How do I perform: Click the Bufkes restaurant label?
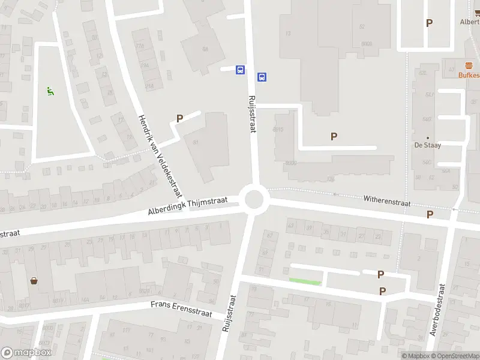click(469, 75)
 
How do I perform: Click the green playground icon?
click(50, 91)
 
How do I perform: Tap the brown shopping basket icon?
click(34, 280)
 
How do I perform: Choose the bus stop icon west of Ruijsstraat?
click(240, 70)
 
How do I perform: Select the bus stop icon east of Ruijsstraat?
click(262, 77)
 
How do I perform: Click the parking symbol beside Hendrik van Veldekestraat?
click(179, 119)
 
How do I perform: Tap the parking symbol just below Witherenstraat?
click(430, 214)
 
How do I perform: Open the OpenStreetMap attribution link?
click(454, 356)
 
